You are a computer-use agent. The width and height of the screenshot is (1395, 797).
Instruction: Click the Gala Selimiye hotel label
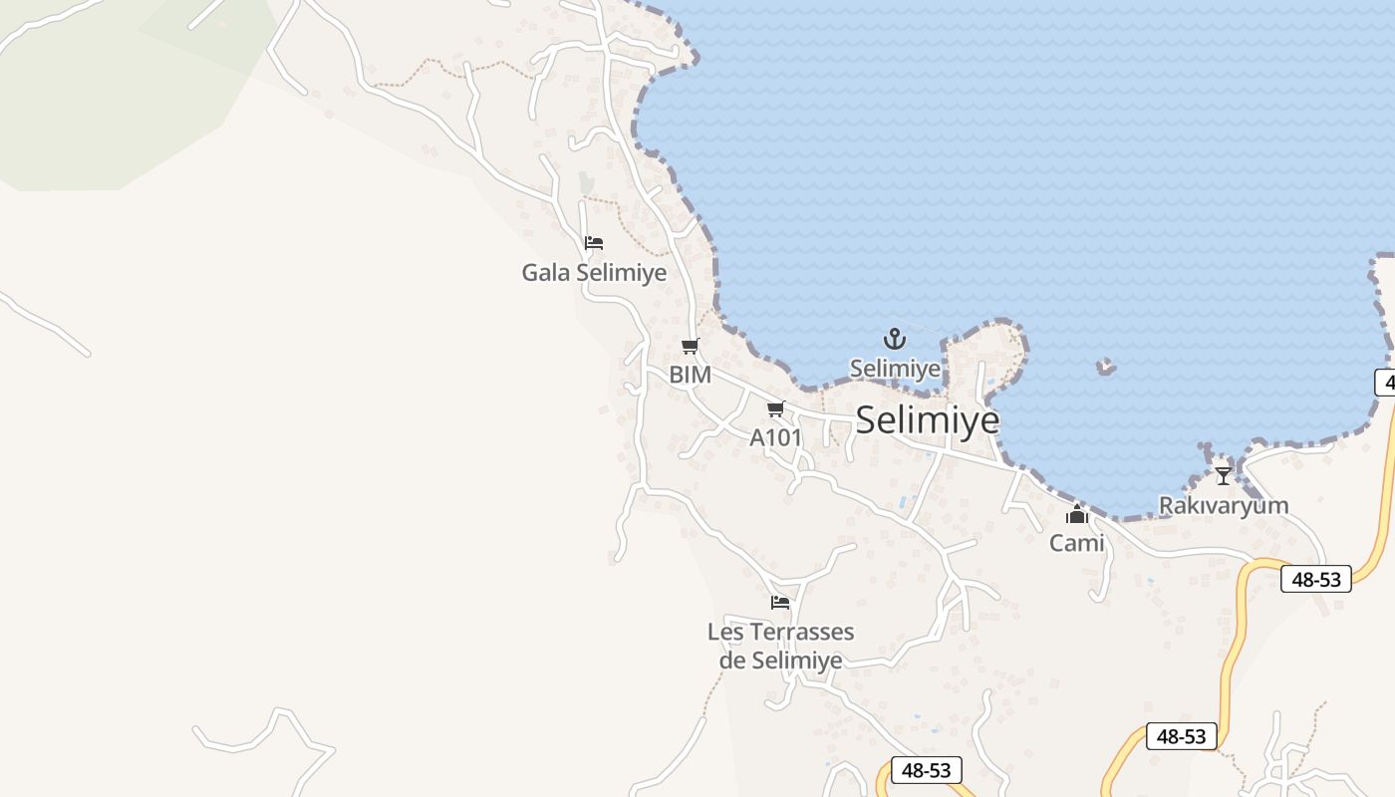pyautogui.click(x=594, y=272)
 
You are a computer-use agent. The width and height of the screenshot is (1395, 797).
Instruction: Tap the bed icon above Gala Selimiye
pyautogui.click(x=594, y=243)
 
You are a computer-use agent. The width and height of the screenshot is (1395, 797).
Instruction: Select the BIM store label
pyautogui.click(x=690, y=375)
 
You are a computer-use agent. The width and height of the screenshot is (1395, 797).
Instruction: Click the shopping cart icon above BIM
pyautogui.click(x=690, y=347)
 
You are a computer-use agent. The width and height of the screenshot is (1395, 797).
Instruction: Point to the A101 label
pyautogui.click(x=775, y=437)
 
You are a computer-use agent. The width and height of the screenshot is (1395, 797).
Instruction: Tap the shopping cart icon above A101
pyautogui.click(x=776, y=408)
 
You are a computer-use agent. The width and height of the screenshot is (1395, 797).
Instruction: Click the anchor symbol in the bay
pyautogui.click(x=895, y=339)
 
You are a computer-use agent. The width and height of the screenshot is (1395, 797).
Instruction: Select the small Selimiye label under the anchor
pyautogui.click(x=895, y=369)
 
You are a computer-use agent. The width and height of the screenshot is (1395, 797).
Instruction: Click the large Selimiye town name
pyautogui.click(x=927, y=419)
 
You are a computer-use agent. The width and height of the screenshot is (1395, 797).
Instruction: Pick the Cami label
pyautogui.click(x=1076, y=543)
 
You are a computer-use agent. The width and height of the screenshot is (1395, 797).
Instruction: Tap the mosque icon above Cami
pyautogui.click(x=1076, y=515)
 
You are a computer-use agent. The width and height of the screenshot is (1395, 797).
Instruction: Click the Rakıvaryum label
pyautogui.click(x=1223, y=505)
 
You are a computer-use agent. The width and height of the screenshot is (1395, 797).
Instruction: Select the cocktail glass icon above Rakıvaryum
pyautogui.click(x=1223, y=476)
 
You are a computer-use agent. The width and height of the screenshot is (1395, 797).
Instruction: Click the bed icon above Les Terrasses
pyautogui.click(x=780, y=603)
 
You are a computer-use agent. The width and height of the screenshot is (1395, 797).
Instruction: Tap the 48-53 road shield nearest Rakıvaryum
pyautogui.click(x=1315, y=579)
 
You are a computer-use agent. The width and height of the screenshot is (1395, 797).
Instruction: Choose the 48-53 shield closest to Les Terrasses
pyautogui.click(x=927, y=770)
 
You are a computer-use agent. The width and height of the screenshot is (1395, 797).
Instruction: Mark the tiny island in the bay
pyautogui.click(x=1105, y=368)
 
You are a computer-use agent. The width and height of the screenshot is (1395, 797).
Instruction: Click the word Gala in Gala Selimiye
pyautogui.click(x=545, y=272)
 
